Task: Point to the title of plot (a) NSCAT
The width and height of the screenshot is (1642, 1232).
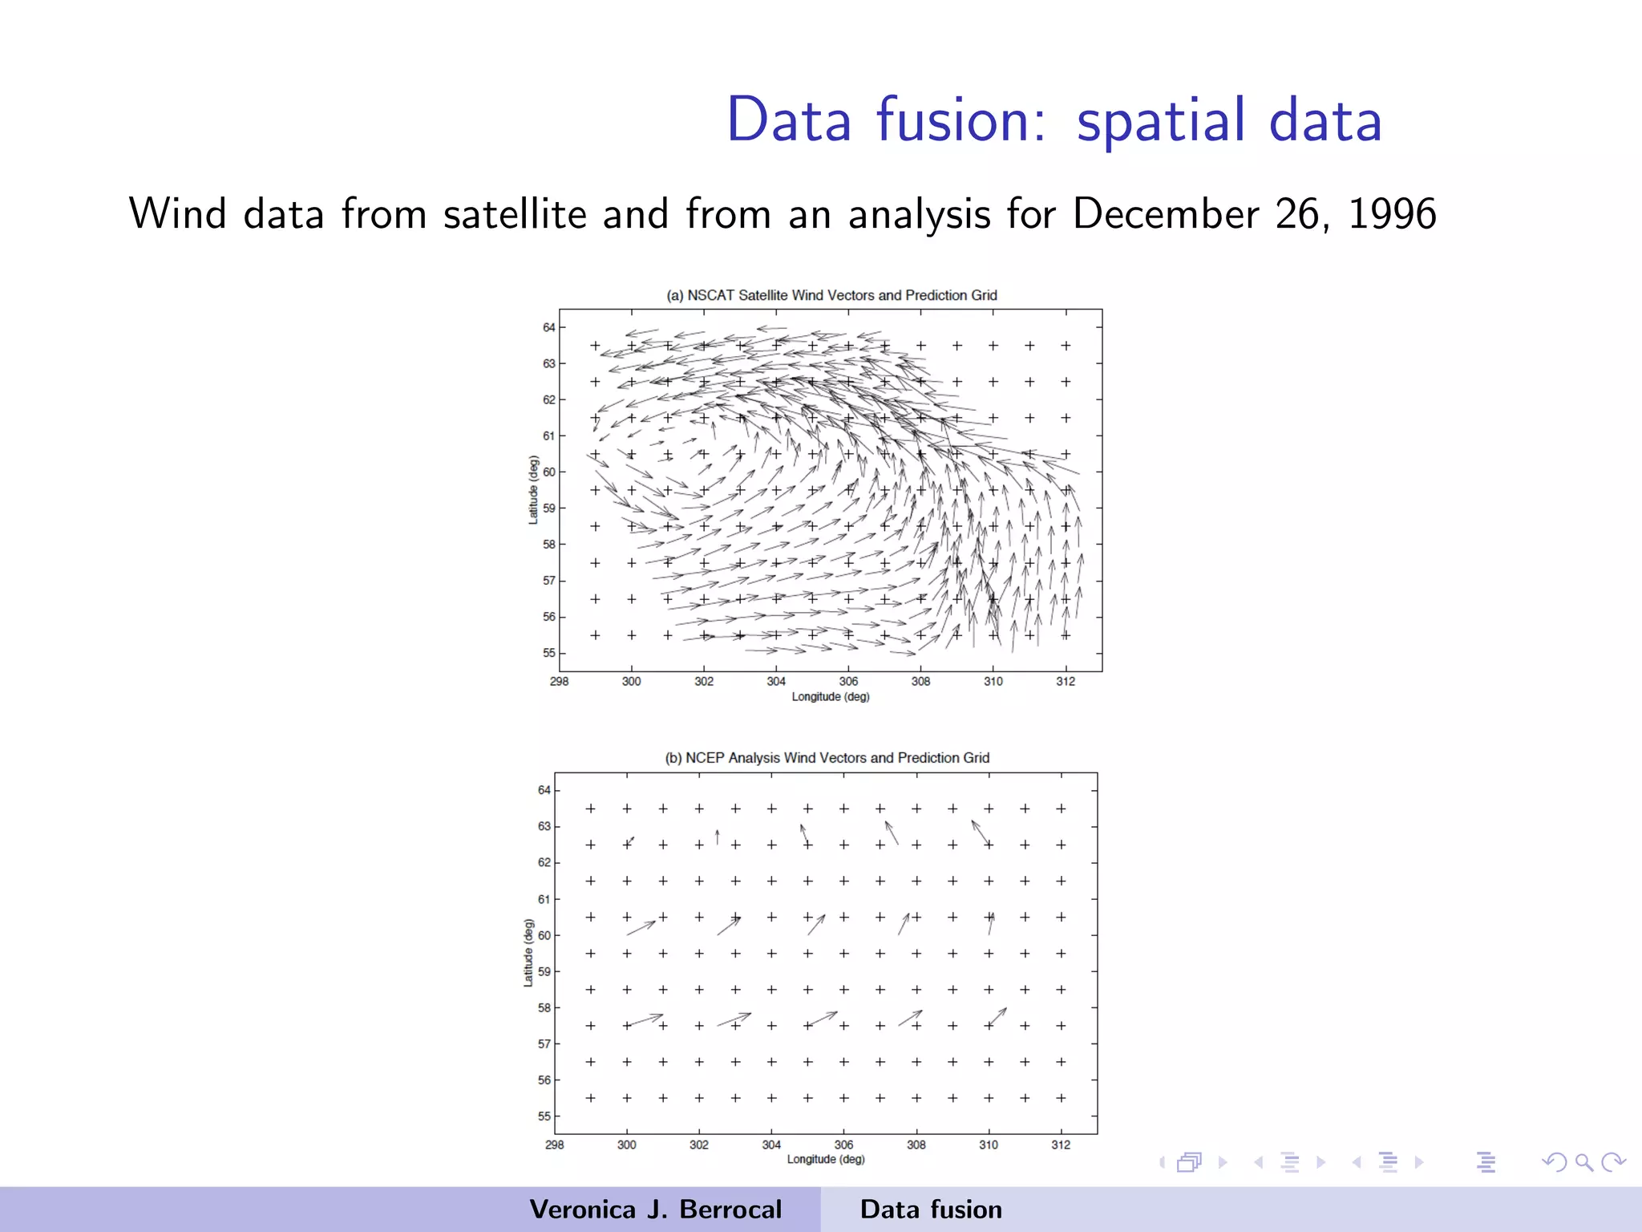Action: (x=831, y=295)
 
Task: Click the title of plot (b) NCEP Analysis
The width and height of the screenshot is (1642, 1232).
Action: (x=827, y=758)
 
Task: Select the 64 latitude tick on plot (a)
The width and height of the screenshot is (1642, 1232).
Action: (x=548, y=327)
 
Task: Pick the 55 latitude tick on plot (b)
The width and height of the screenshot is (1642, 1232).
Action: (x=544, y=1116)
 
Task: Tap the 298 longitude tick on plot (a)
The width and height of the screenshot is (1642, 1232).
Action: (x=559, y=682)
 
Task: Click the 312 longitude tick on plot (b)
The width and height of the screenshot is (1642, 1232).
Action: (x=1061, y=1145)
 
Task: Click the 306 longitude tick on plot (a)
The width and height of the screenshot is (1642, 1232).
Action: (x=848, y=682)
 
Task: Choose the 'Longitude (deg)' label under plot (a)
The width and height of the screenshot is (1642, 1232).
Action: (x=831, y=697)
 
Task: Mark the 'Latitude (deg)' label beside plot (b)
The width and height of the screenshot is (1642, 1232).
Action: (x=528, y=953)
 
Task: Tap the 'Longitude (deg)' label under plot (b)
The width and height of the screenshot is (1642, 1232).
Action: (x=826, y=1160)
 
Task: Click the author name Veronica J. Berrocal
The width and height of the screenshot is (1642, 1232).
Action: (x=655, y=1210)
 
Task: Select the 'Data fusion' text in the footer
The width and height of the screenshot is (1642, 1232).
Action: (x=931, y=1210)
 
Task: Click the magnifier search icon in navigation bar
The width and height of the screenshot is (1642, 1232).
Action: (x=1583, y=1162)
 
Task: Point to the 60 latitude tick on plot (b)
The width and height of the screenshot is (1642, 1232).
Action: (x=544, y=935)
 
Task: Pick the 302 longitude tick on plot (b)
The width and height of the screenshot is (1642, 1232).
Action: (x=699, y=1145)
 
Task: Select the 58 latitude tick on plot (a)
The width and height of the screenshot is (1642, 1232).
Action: (x=548, y=545)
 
